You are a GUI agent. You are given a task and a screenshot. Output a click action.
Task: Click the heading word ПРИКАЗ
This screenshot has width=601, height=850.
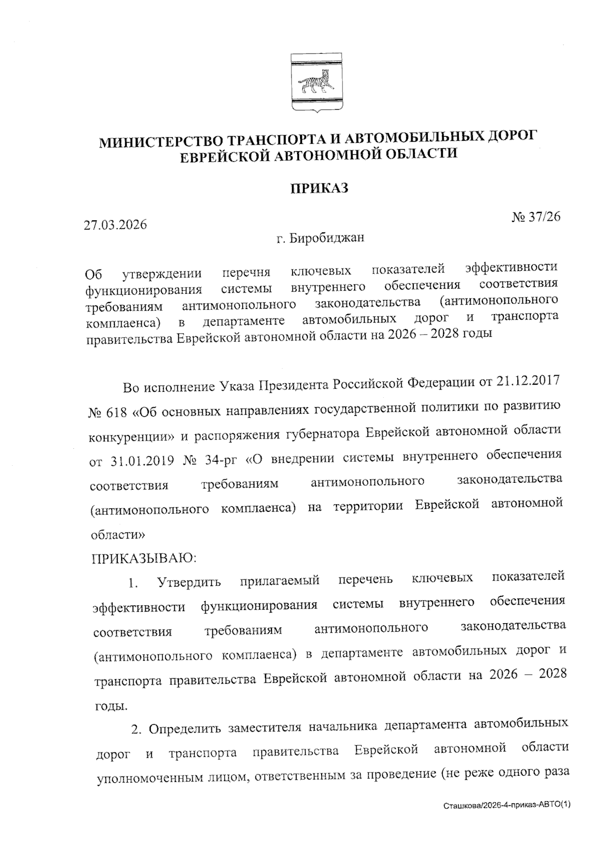(320, 189)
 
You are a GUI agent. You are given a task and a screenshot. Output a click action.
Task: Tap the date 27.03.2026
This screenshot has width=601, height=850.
(116, 224)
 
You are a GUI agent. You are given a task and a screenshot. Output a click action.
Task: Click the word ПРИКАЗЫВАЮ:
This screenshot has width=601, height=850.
(143, 558)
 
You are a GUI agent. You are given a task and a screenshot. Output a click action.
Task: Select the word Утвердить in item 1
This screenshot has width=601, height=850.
(189, 583)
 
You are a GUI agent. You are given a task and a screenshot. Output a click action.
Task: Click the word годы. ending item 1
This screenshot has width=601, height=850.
(110, 706)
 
